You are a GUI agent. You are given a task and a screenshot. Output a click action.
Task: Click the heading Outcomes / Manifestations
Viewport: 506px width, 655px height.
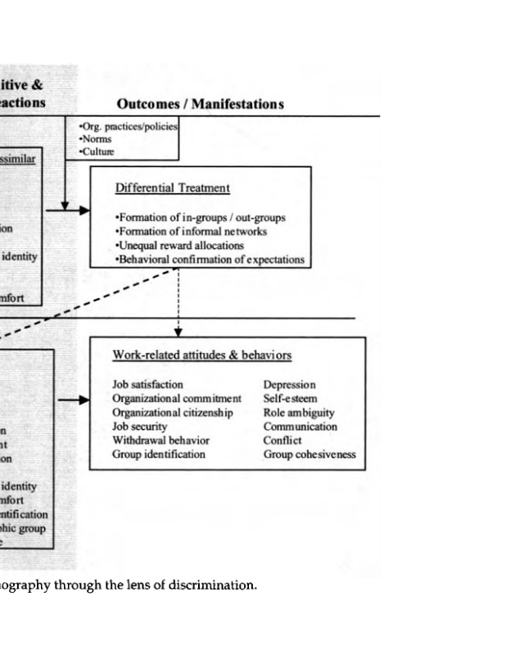200,105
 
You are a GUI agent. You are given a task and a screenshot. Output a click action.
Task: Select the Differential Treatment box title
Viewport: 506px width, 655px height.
173,188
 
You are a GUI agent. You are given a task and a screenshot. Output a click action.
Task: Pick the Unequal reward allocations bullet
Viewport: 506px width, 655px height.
180,246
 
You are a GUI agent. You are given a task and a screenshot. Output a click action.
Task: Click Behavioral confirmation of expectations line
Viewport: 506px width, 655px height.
210,260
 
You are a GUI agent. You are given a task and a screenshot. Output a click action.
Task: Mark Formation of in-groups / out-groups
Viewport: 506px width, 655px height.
201,219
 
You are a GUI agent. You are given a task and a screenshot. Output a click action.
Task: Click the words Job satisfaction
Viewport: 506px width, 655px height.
147,384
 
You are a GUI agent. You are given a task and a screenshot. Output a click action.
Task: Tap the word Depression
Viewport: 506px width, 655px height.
289,384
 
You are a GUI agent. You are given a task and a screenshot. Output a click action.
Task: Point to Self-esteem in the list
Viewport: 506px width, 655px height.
290,399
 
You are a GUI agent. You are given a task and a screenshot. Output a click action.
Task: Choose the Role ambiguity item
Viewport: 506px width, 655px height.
299,413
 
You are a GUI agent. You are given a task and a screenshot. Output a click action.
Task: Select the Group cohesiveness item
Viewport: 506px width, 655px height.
309,454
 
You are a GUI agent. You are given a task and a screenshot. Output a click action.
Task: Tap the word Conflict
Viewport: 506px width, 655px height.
282,440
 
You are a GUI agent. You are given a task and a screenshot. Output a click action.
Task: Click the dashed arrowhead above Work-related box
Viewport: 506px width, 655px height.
178,331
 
